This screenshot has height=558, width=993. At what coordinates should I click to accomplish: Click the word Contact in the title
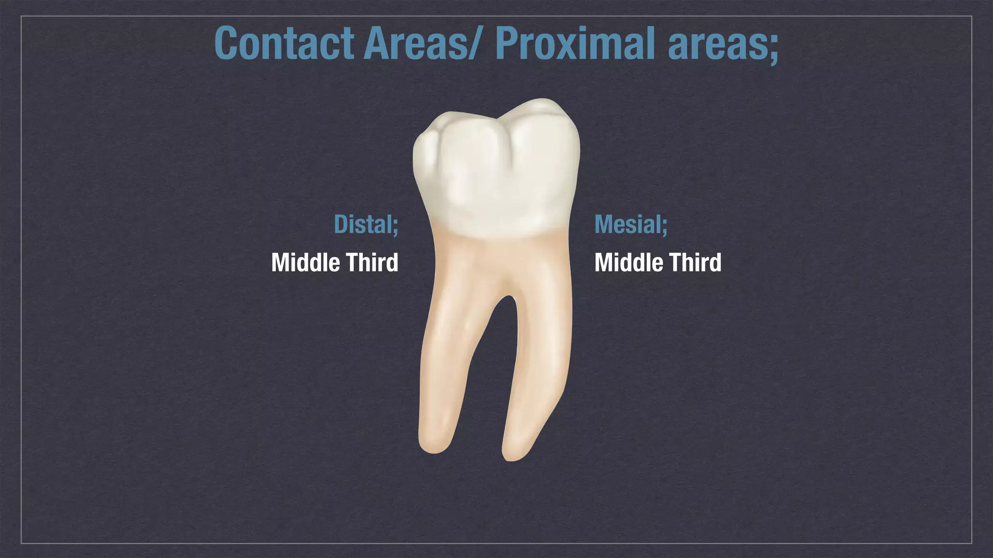285,44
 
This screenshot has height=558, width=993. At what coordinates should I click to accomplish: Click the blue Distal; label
366,224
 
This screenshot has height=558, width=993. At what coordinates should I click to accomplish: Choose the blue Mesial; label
631,224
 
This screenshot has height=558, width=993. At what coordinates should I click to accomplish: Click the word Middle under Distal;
305,263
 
